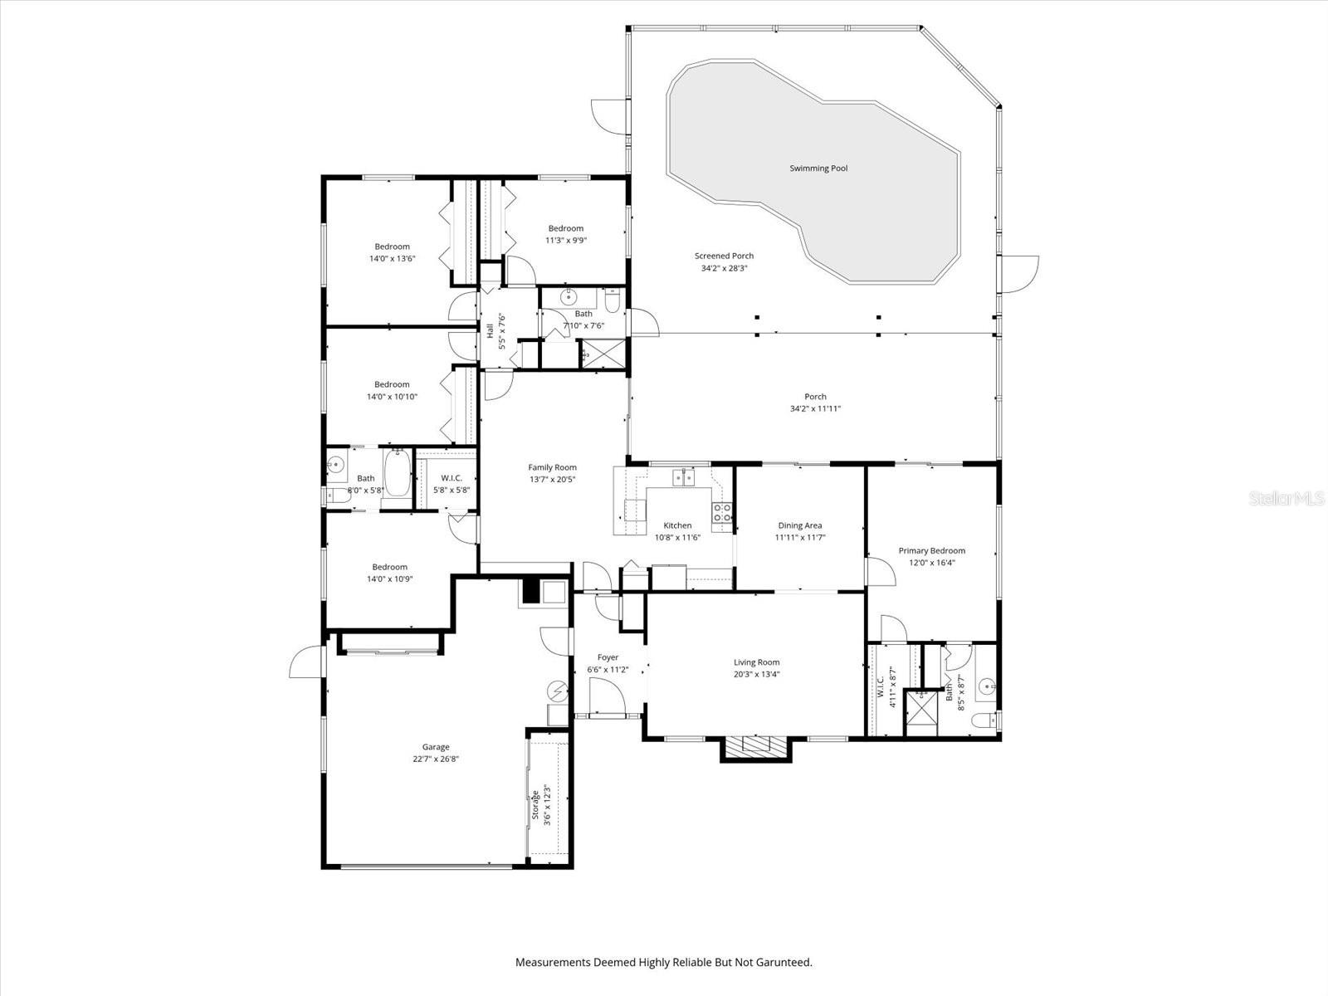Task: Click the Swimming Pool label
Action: [818, 168]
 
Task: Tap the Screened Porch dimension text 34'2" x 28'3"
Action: [724, 268]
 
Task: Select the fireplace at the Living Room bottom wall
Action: [754, 748]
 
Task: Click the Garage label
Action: [435, 747]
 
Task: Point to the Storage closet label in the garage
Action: [536, 804]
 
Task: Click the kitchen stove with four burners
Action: [721, 512]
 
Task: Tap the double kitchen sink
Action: [683, 476]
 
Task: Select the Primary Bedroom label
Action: [931, 550]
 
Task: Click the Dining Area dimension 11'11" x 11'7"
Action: [799, 537]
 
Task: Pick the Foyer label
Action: [608, 657]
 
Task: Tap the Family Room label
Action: [552, 467]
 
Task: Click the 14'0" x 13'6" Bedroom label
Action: [392, 247]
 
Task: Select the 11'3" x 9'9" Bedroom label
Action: [565, 228]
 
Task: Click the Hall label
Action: [491, 330]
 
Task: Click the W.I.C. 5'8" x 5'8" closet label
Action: [451, 478]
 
